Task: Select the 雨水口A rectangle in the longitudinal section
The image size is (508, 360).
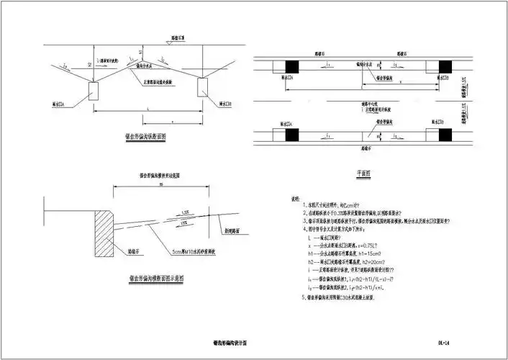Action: (x=94, y=91)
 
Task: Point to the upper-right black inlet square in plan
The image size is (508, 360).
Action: (x=442, y=66)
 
